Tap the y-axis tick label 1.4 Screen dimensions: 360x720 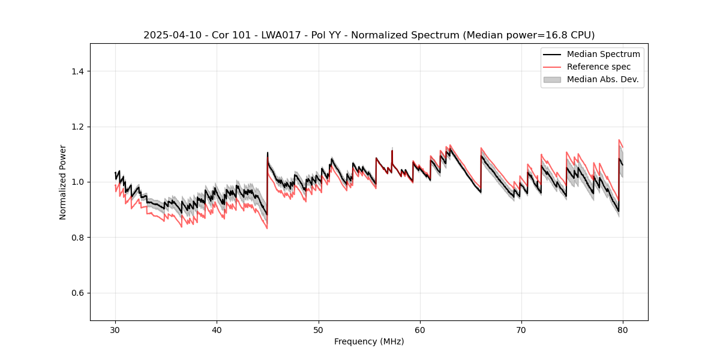coord(77,71)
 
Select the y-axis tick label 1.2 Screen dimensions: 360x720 coord(77,127)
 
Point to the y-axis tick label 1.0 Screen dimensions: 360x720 coord(77,182)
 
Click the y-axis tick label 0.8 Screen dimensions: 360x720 coord(77,238)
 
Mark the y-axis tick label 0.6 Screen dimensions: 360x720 coord(77,293)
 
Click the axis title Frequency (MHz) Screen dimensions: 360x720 coord(369,341)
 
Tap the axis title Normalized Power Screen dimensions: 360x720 coord(63,182)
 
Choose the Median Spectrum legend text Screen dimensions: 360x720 coord(603,54)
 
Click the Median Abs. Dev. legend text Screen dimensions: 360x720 coord(602,79)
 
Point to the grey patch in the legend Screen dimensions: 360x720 coord(552,79)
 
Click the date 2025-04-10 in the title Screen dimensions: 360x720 coord(172,35)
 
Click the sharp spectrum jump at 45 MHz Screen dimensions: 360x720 coord(267,180)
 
